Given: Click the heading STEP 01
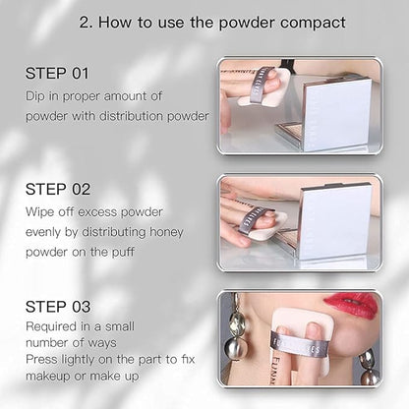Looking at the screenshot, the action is pos(57,73).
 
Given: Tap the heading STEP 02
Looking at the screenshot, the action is pos(58,190).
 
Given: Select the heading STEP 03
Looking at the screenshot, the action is pos(58,307).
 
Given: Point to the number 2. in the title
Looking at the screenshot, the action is pos(86,23).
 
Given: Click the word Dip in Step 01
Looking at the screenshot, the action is pos(34,96).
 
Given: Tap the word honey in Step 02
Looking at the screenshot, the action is pos(166,232).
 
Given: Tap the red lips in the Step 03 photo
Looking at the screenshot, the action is pos(351,305).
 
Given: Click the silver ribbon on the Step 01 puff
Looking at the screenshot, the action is pos(260,86).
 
